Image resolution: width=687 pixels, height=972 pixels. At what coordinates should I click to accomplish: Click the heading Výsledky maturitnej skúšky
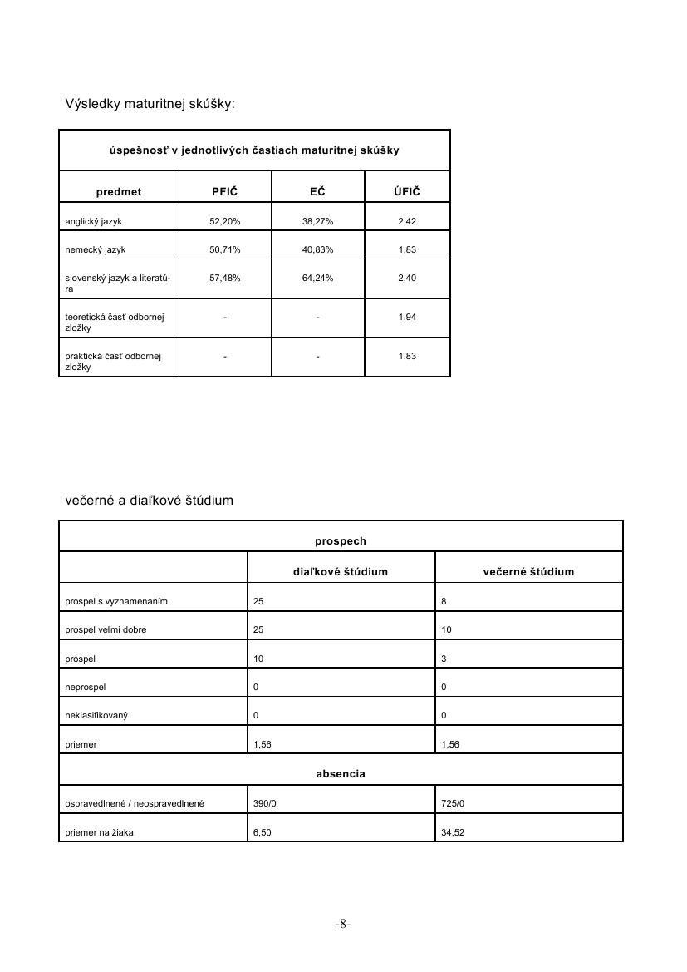tap(150, 104)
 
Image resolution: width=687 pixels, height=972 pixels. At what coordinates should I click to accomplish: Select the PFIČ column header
tap(224, 192)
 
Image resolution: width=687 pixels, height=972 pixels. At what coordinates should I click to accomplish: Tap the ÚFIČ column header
tap(407, 192)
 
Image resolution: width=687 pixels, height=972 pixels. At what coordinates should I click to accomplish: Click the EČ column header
tap(317, 192)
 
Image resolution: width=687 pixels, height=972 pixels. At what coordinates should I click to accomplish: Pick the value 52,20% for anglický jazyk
tap(224, 221)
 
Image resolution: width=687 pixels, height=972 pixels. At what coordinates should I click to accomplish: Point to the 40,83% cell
tap(317, 249)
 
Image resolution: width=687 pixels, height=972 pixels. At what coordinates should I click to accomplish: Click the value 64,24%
tap(317, 278)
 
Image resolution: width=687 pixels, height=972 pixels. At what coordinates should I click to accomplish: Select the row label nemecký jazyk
tap(96, 249)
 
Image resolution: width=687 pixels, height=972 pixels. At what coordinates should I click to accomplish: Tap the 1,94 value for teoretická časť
tap(407, 318)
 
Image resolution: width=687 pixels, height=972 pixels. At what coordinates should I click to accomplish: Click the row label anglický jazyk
tap(94, 221)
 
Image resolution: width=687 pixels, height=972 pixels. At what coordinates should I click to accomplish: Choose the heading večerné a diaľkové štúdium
tap(150, 501)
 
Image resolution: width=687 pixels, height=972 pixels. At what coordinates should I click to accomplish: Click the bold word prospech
tap(341, 541)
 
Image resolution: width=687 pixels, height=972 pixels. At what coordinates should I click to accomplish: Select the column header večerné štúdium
tap(528, 572)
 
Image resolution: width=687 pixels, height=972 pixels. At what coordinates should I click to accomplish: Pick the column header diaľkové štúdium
tap(341, 572)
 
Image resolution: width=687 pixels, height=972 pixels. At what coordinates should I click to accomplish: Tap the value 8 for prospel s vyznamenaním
tap(444, 601)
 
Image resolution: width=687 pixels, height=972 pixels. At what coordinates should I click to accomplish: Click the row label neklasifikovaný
tap(96, 715)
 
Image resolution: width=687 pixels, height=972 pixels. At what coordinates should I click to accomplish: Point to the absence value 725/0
tap(453, 803)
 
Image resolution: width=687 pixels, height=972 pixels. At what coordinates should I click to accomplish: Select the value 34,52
tap(453, 832)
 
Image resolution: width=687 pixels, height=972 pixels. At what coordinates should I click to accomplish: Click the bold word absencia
tap(341, 774)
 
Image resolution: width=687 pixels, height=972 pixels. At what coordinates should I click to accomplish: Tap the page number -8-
tap(343, 924)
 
